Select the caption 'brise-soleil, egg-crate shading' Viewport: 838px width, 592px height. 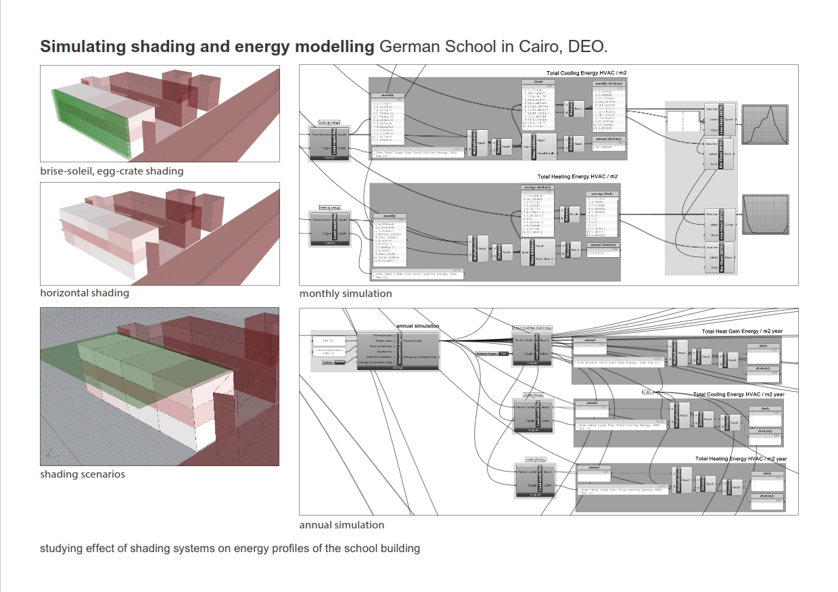pyautogui.click(x=112, y=171)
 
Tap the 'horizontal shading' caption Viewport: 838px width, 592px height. pyautogui.click(x=85, y=293)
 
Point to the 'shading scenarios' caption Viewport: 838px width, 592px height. pyautogui.click(x=83, y=474)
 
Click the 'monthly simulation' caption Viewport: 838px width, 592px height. pyautogui.click(x=346, y=294)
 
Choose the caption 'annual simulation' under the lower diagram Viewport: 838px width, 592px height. pyautogui.click(x=342, y=525)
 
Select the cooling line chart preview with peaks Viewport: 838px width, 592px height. pyautogui.click(x=766, y=124)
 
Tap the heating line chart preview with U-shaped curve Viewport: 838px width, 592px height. pyautogui.click(x=766, y=214)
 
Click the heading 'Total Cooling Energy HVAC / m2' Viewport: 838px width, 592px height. pyautogui.click(x=588, y=72)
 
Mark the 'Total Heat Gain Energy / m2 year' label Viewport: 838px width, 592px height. pyautogui.click(x=742, y=332)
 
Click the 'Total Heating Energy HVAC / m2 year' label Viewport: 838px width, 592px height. pyautogui.click(x=741, y=459)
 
